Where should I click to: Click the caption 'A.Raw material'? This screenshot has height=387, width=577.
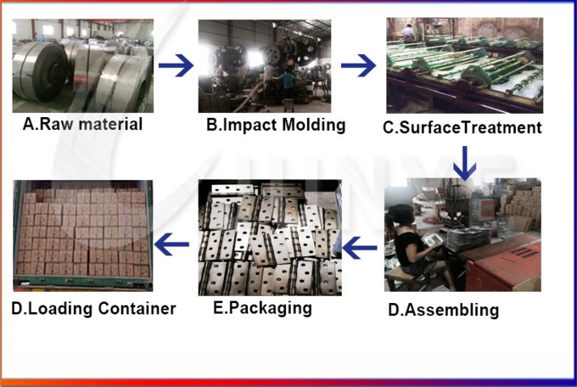(x=82, y=124)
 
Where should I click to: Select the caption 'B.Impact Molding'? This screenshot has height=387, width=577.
(x=276, y=125)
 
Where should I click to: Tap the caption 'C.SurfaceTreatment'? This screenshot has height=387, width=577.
(x=462, y=127)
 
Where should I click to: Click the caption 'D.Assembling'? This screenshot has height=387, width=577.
(x=444, y=310)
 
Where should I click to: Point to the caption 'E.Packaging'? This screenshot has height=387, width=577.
(x=262, y=308)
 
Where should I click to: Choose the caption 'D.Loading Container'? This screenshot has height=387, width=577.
(x=93, y=309)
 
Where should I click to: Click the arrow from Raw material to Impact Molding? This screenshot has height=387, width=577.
(x=176, y=65)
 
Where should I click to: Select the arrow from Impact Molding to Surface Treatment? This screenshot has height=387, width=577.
(x=358, y=65)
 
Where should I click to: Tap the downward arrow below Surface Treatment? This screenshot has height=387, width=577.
(x=465, y=164)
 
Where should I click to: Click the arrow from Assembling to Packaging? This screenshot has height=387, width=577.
(x=360, y=248)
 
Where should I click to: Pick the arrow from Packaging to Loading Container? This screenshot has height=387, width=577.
(x=172, y=244)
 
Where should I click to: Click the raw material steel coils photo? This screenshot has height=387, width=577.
(x=83, y=66)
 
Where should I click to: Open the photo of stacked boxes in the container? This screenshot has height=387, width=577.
(x=83, y=236)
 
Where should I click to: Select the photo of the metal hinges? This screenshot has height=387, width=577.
(x=270, y=238)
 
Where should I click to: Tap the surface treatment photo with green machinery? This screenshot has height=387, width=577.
(x=465, y=65)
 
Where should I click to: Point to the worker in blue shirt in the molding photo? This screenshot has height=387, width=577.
(x=288, y=86)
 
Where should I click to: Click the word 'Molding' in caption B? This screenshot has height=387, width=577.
(x=314, y=125)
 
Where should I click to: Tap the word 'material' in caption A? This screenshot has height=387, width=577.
(x=112, y=124)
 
